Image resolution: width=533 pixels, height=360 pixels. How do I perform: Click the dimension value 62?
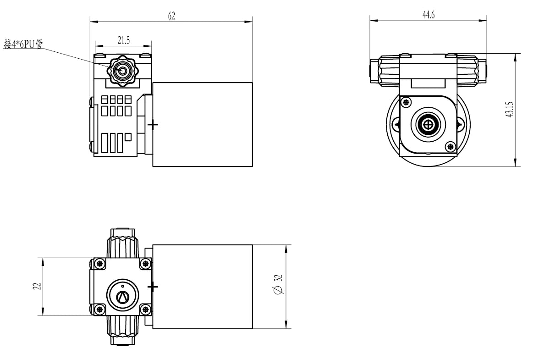coord(172,16)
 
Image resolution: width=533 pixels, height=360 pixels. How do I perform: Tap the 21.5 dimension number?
coord(124,40)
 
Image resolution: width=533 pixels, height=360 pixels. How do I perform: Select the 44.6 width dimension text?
coord(429,15)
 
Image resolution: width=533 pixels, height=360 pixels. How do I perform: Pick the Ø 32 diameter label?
coord(278,284)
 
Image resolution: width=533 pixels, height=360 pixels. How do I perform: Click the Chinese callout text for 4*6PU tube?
coord(23,44)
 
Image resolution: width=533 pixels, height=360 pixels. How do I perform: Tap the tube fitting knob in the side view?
coord(121,71)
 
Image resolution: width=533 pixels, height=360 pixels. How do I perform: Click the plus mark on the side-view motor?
coord(153,125)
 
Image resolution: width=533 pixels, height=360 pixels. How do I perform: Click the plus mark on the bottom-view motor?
coord(153,287)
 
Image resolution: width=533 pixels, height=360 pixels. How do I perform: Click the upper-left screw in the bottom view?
coord(99,263)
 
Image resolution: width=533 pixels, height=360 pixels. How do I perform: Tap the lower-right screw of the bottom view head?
coord(145,310)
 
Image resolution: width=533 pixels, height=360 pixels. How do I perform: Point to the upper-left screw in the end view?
coord(406,102)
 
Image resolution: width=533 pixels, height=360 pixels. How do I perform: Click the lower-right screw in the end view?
coord(451,147)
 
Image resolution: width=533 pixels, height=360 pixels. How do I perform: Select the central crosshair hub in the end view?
coord(429,125)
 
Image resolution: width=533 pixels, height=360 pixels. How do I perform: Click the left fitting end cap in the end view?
coord(374,71)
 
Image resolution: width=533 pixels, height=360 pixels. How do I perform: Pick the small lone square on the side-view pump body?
coord(128,137)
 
